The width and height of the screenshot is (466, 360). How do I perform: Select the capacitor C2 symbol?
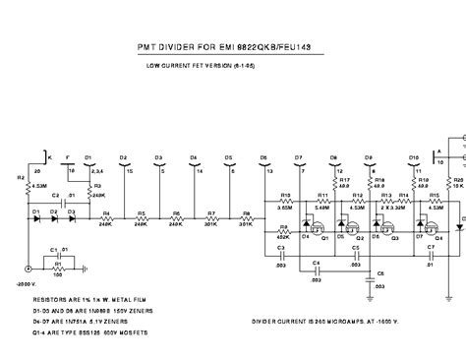click(x=56, y=204)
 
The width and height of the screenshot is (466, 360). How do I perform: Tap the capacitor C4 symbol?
click(x=316, y=268)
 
